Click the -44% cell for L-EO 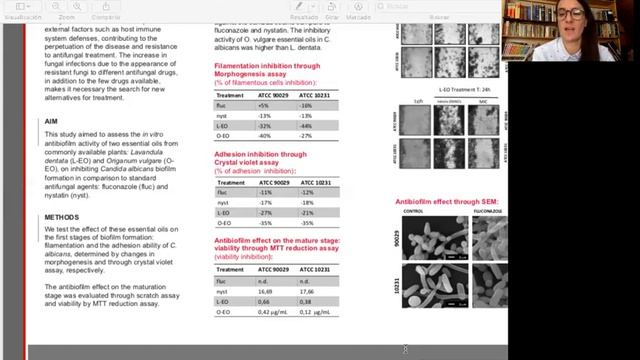pyautogui.click(x=305, y=126)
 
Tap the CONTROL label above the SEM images pyautogui.click(x=414, y=212)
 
